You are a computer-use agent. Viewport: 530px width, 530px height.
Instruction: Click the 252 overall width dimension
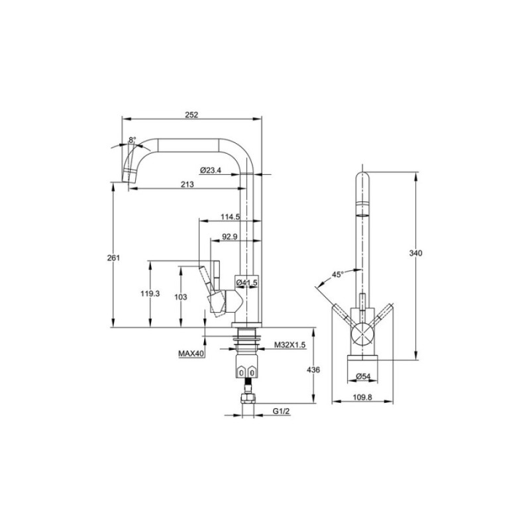click(x=191, y=115)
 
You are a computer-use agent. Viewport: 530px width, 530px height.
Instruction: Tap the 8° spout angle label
click(x=132, y=139)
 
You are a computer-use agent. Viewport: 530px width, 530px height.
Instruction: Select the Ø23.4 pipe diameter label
click(x=210, y=170)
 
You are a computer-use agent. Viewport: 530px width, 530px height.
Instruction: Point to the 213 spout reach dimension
click(x=187, y=184)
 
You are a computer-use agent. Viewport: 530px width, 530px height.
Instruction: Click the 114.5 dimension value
click(x=230, y=217)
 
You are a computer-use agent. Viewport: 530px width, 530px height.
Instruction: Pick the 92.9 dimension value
click(x=229, y=237)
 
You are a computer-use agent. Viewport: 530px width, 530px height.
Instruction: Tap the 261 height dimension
click(x=113, y=258)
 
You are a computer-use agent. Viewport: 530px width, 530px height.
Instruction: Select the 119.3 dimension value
click(x=150, y=293)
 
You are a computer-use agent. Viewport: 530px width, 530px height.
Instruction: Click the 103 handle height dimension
click(x=180, y=297)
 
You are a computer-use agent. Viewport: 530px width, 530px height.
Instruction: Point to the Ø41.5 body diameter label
click(x=246, y=282)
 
